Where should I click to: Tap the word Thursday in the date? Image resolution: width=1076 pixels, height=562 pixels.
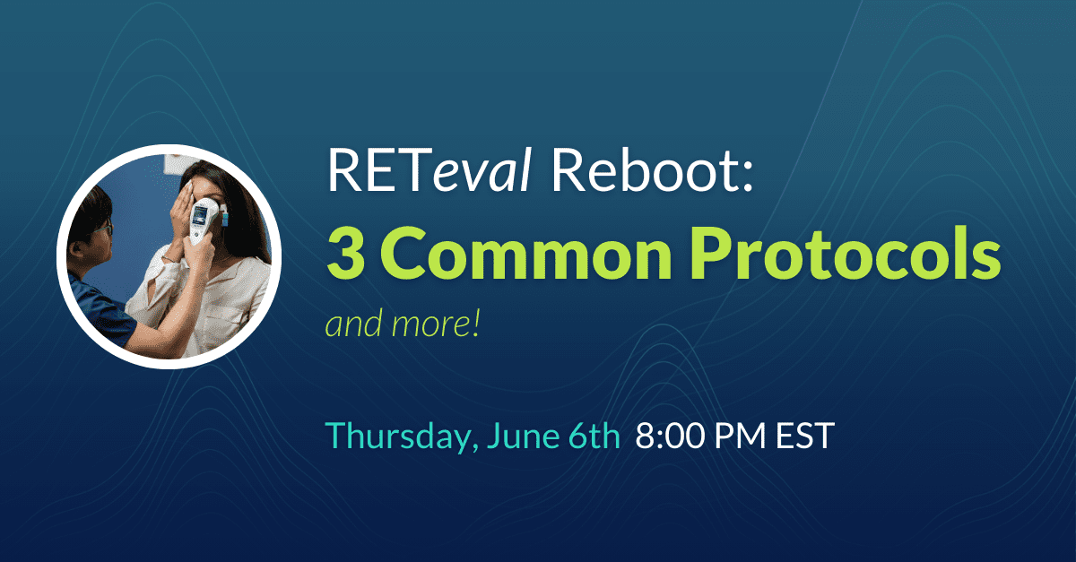pyautogui.click(x=406, y=437)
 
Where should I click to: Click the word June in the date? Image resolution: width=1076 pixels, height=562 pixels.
pyautogui.click(x=527, y=437)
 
